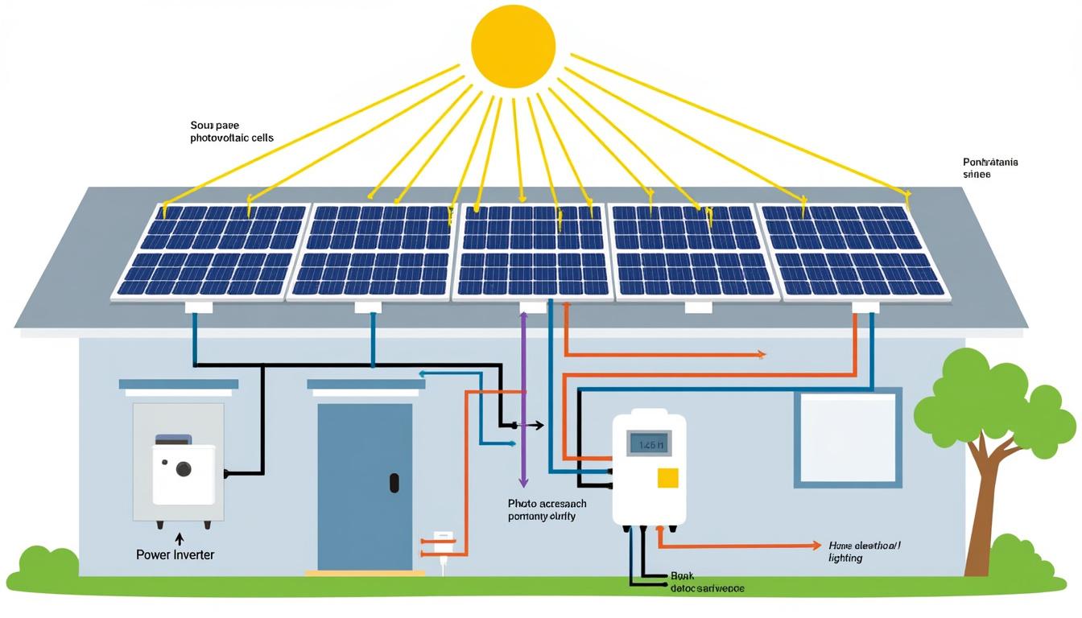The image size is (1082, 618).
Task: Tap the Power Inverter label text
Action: coord(176,554)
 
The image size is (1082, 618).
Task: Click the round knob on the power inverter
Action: coord(184,468)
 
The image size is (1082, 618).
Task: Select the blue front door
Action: coord(365,487)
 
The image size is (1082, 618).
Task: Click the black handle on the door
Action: coord(394,483)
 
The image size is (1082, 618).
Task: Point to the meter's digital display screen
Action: coord(648,443)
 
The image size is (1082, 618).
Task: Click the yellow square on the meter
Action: coord(667,478)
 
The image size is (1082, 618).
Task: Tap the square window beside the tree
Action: coord(847,438)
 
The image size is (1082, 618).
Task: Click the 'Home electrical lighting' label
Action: coord(864,551)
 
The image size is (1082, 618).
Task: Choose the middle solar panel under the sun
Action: coord(532,250)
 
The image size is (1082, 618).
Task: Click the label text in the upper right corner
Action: coord(989,167)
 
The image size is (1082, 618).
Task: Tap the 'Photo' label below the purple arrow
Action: coord(542,509)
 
